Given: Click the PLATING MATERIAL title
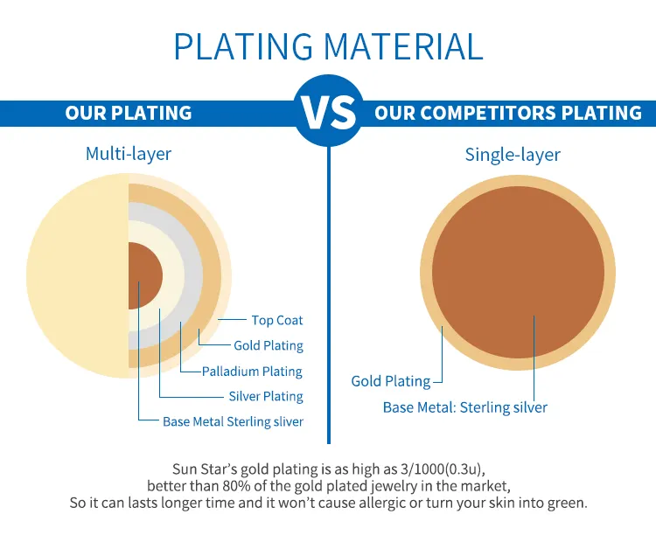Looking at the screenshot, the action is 328,46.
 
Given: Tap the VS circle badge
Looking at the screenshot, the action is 329,111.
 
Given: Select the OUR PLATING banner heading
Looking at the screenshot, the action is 129,113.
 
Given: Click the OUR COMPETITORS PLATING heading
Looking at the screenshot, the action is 508,113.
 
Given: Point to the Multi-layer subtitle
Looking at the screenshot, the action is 129,154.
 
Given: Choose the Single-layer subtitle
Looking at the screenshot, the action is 513,155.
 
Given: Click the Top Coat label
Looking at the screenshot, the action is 277,321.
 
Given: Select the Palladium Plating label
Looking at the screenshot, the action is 252,372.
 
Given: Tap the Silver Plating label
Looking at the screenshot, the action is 266,397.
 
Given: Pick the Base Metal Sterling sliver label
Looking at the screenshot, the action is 233,421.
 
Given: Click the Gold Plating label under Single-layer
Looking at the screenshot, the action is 391,381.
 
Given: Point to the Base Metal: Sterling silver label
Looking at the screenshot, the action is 464,407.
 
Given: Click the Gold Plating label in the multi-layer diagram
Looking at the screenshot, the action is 269,345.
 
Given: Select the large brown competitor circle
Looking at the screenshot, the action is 518,273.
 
